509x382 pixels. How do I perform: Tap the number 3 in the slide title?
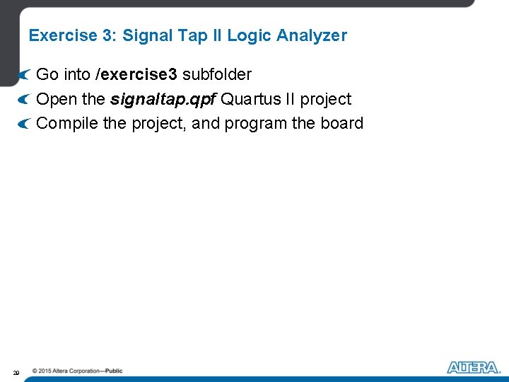click(104, 35)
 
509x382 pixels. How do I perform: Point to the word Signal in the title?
click(146, 35)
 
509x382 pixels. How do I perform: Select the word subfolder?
click(217, 74)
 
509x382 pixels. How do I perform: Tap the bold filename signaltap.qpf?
click(163, 99)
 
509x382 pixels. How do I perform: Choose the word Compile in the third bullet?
click(67, 124)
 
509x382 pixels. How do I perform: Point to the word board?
click(341, 124)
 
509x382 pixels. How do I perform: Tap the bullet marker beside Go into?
click(25, 75)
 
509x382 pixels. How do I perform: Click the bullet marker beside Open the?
click(25, 100)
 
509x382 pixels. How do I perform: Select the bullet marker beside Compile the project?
click(25, 125)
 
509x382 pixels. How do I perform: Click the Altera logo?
click(473, 367)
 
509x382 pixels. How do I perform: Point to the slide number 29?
click(16, 371)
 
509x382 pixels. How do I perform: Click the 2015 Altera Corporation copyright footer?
click(76, 371)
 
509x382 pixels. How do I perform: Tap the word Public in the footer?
click(113, 371)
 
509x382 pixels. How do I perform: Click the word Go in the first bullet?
click(47, 74)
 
